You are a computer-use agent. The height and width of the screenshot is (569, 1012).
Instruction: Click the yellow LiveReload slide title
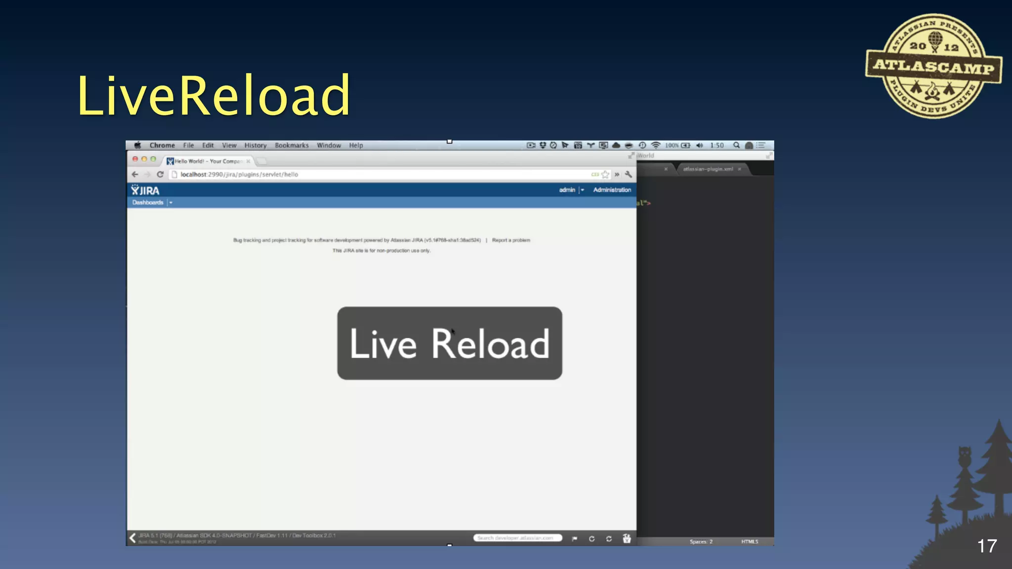213,95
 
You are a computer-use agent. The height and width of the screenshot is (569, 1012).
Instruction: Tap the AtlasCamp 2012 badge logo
933,66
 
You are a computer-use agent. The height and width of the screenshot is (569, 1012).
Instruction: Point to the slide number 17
987,546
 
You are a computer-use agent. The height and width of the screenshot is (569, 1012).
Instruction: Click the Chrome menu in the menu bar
162,145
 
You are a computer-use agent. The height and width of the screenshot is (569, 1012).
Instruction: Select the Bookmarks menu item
292,145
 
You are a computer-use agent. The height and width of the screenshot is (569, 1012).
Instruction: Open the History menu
255,145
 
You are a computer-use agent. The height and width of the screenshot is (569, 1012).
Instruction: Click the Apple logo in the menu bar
138,145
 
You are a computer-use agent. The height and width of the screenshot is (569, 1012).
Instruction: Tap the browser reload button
160,174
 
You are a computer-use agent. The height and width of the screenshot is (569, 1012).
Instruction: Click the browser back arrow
135,174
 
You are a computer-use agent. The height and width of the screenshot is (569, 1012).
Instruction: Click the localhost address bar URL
239,174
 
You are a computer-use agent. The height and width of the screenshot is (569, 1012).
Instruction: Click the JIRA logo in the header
145,191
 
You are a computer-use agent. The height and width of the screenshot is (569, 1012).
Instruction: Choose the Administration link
612,190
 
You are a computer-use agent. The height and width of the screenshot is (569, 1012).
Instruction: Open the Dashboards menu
148,203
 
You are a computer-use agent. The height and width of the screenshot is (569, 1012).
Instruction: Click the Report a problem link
511,240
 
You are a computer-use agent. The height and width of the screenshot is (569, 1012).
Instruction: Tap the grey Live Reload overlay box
449,343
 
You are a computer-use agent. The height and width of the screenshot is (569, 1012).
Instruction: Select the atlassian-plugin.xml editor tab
708,169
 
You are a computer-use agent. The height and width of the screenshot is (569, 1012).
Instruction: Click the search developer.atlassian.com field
517,538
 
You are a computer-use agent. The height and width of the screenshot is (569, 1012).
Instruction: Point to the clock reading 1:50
717,145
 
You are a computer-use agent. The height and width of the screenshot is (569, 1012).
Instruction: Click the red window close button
135,159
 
